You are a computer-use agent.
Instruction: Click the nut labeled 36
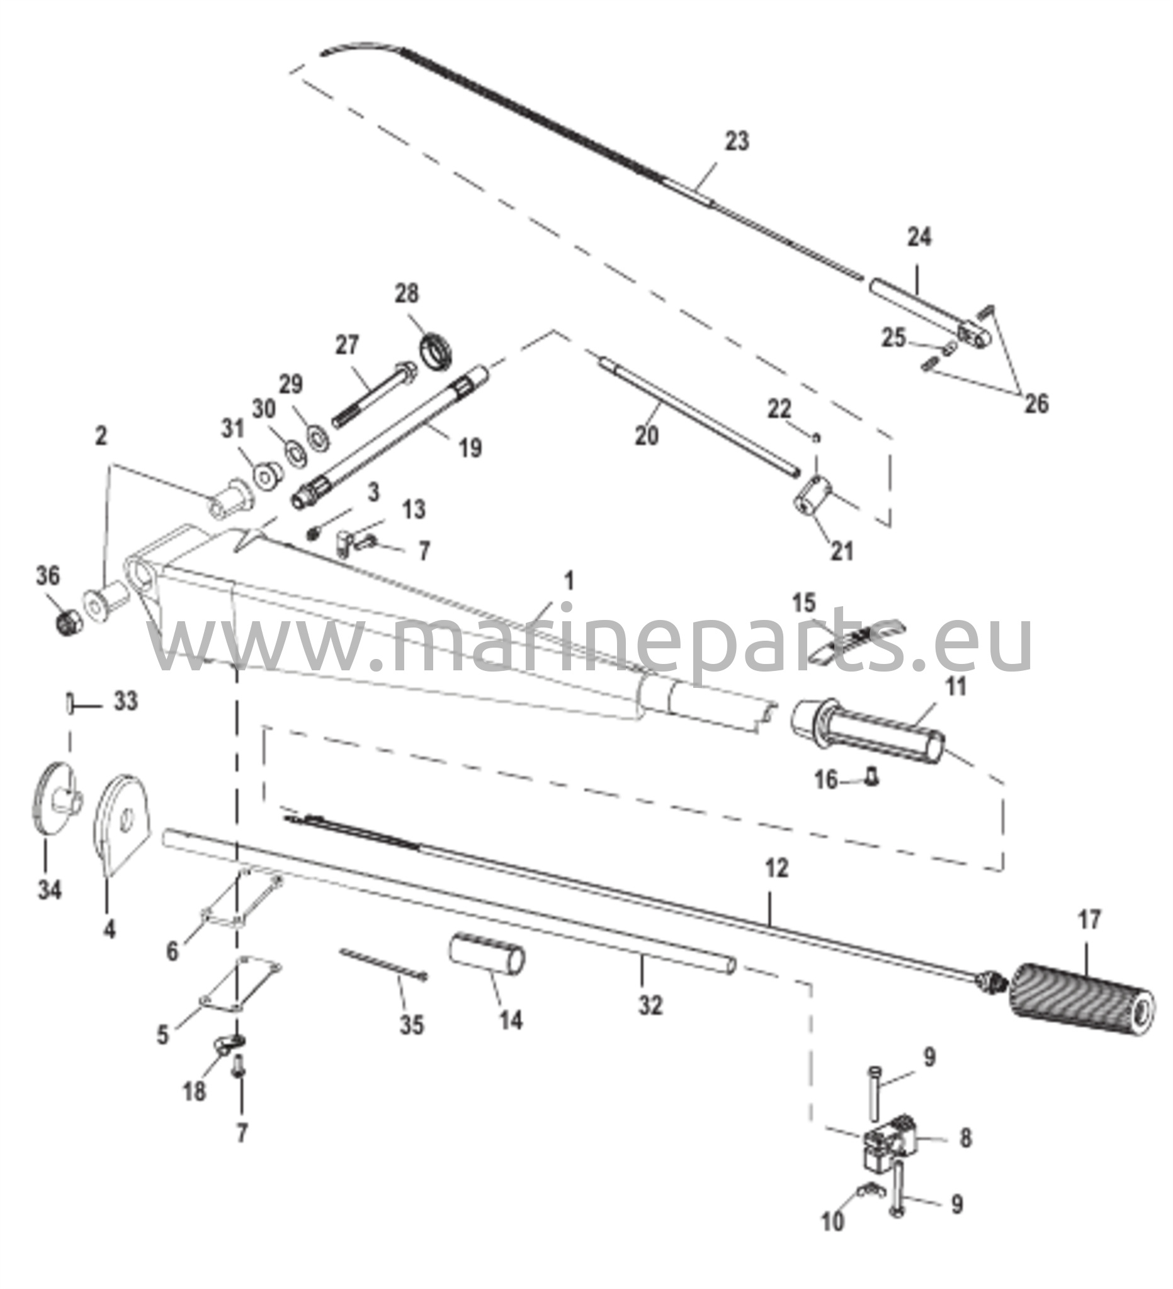(x=67, y=621)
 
